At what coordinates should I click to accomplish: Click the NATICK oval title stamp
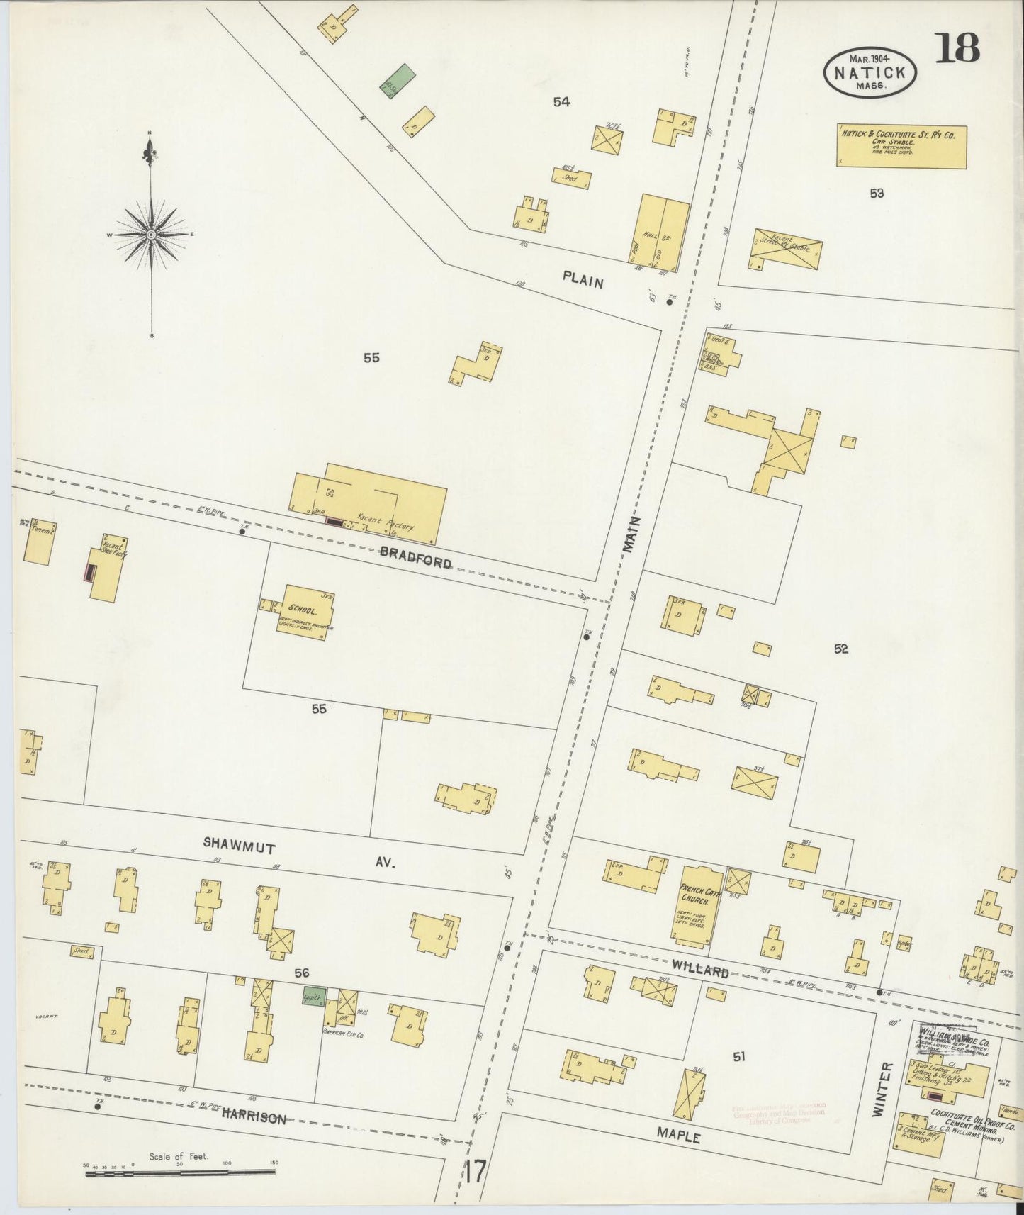point(870,72)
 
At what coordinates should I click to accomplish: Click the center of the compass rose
point(152,234)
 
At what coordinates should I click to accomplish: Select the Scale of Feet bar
point(180,1173)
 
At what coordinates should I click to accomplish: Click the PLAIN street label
point(583,281)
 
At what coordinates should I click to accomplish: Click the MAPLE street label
point(678,1136)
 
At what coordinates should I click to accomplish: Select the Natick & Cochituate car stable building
point(901,147)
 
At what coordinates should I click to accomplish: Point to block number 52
point(840,648)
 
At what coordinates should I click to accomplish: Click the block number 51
point(739,1056)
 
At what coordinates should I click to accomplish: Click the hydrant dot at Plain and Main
point(669,302)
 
